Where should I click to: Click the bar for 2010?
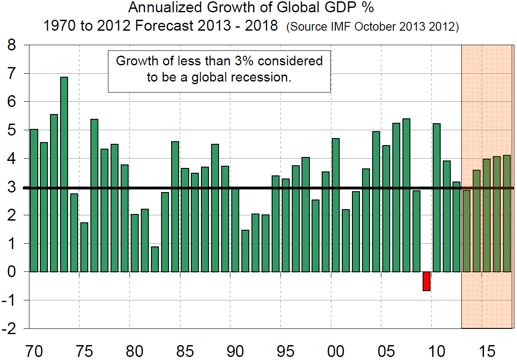point(437,198)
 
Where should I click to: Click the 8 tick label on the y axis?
point(13,45)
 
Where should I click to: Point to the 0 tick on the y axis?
point(13,272)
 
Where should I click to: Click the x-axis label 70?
point(34,351)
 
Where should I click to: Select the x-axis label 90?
point(235,351)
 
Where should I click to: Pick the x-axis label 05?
point(386,351)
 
